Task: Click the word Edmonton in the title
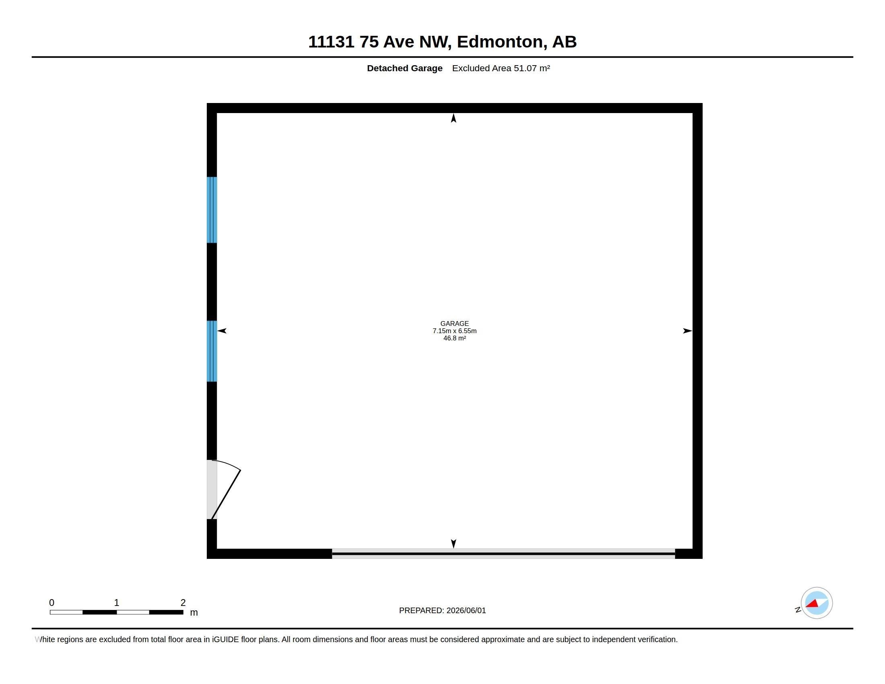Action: coord(500,42)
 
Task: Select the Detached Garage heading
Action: coord(404,68)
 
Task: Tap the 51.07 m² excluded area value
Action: coord(532,68)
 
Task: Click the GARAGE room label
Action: coord(454,323)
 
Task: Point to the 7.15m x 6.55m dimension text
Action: coord(454,331)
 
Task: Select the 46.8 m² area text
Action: coord(454,338)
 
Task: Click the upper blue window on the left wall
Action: coord(212,210)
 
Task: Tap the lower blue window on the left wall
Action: coord(212,351)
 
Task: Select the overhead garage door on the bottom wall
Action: coord(503,554)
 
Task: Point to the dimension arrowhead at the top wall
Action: coord(453,118)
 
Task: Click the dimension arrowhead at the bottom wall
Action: coord(453,544)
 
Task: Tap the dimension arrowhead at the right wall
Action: coord(687,331)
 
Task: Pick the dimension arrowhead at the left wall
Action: coord(222,331)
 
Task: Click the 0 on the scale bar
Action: coord(51,603)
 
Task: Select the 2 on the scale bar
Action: coord(183,603)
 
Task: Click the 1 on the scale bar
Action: coord(117,603)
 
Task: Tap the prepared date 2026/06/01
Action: coord(466,610)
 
